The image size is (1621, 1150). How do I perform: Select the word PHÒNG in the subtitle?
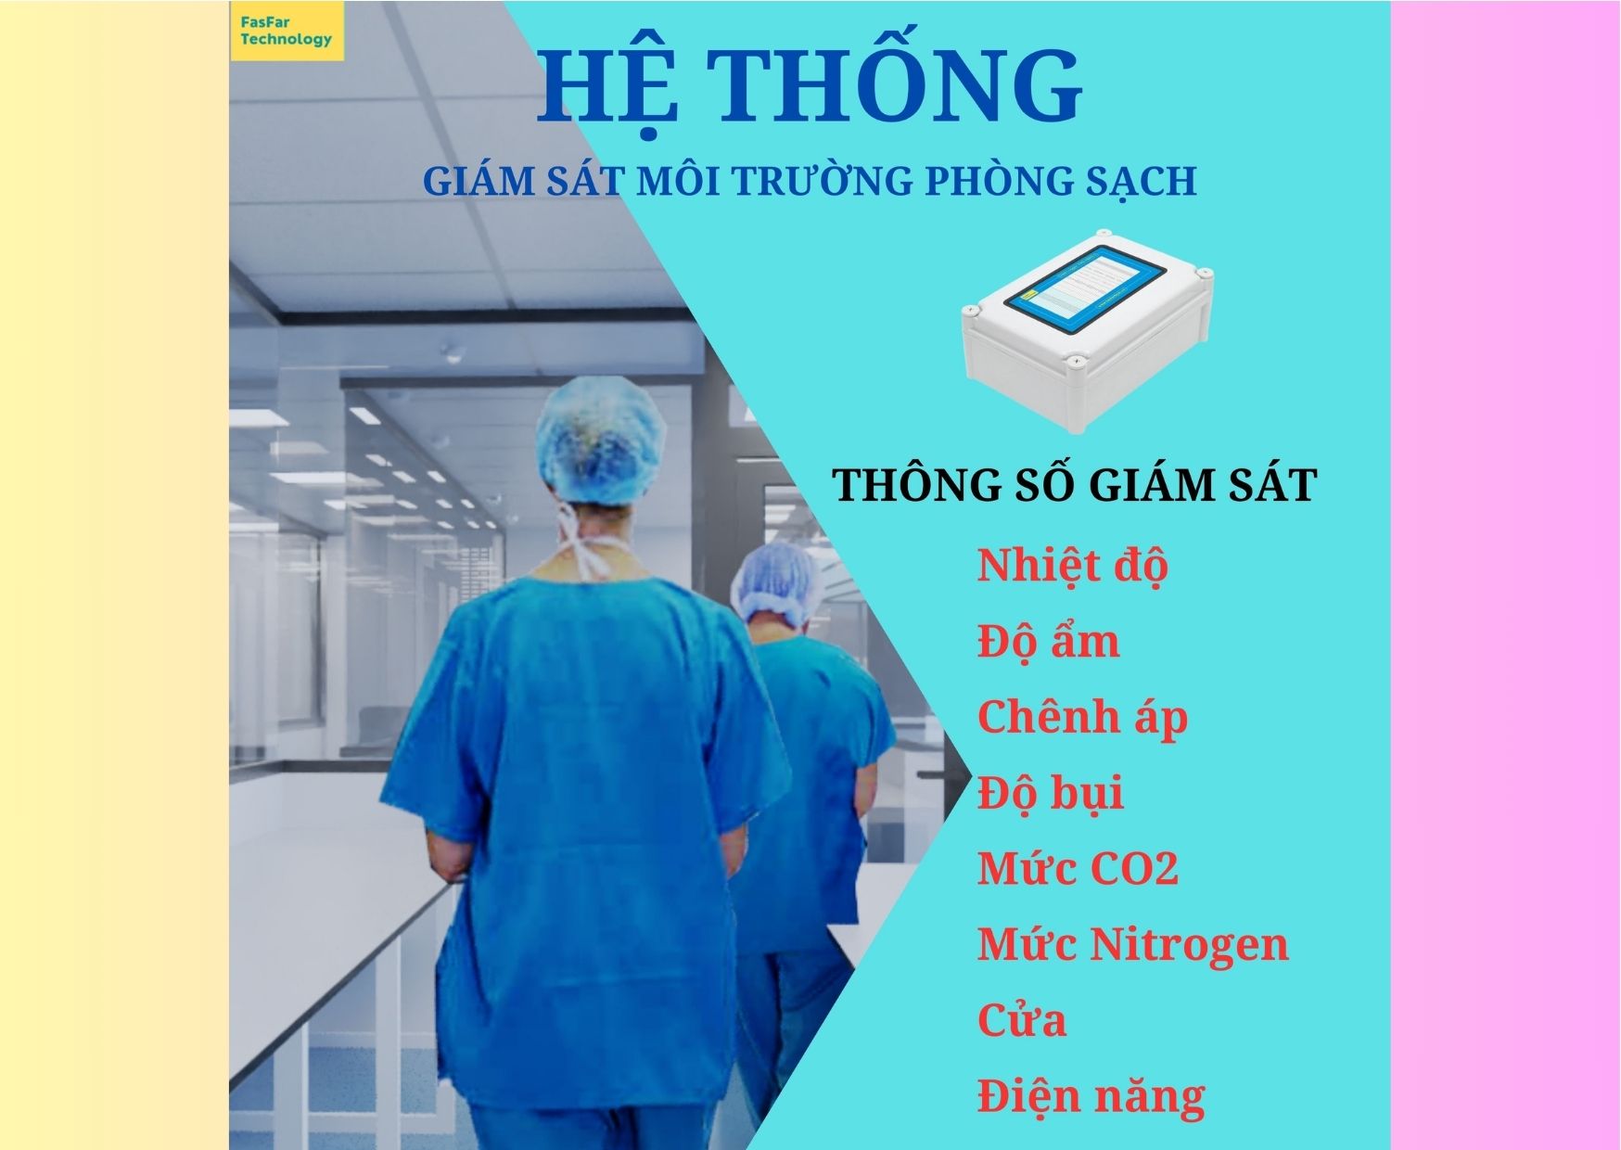(x=997, y=181)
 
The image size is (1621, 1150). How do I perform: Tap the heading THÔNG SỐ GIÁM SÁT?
(x=1075, y=485)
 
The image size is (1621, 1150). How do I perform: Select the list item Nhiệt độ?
(x=1072, y=566)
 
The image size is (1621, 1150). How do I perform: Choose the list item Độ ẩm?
(x=1048, y=642)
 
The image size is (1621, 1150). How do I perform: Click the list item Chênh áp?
(x=1082, y=718)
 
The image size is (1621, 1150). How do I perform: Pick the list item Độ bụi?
(x=1050, y=794)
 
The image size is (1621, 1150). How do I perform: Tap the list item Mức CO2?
(x=1078, y=869)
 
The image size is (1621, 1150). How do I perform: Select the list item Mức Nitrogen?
(x=1132, y=944)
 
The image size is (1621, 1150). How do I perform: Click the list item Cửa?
(x=1021, y=1020)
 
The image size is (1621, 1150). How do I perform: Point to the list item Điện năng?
(x=1091, y=1096)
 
